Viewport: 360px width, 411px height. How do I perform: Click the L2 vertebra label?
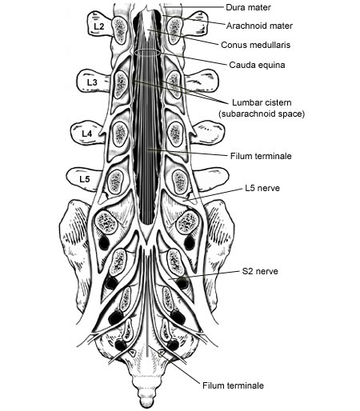point(98,26)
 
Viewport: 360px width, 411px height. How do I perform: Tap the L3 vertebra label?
point(92,82)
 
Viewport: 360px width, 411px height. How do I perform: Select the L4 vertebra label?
point(86,134)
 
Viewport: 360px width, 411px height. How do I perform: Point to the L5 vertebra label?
point(85,179)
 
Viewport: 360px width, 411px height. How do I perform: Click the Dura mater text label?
point(248,7)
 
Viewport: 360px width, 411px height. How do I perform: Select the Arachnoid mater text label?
point(259,26)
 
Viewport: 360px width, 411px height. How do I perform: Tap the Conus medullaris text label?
point(255,45)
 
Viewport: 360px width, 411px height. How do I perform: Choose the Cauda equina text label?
point(257,65)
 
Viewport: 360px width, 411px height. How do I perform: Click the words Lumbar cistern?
point(262,102)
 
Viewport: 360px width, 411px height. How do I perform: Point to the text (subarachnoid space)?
point(262,114)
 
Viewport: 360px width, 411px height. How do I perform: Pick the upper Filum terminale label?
point(261,156)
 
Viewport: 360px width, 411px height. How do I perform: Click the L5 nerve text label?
point(262,188)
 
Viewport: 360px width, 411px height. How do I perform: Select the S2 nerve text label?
point(260,271)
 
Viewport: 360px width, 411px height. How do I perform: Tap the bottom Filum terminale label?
point(233,385)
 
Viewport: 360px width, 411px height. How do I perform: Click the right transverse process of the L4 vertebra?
point(210,133)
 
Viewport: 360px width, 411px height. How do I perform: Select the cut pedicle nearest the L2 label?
point(120,30)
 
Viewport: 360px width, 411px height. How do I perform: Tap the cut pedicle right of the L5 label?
point(116,182)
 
